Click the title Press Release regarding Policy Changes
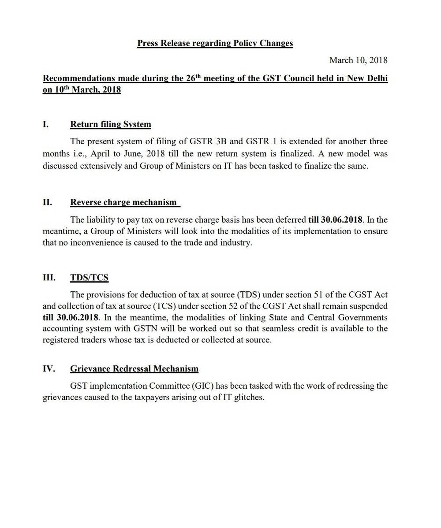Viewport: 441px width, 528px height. point(215,43)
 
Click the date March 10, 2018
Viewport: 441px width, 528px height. point(358,60)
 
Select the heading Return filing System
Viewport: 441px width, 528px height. point(110,124)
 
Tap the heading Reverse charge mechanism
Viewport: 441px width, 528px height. point(123,202)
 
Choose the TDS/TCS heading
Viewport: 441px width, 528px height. point(89,278)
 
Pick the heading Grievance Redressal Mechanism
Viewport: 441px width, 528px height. point(134,369)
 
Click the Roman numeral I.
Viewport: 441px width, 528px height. point(45,124)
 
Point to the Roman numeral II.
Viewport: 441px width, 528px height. point(47,202)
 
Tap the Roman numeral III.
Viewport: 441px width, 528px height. point(49,278)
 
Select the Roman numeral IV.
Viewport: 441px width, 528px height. point(49,369)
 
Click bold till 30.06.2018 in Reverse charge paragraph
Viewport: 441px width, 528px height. point(335,219)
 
